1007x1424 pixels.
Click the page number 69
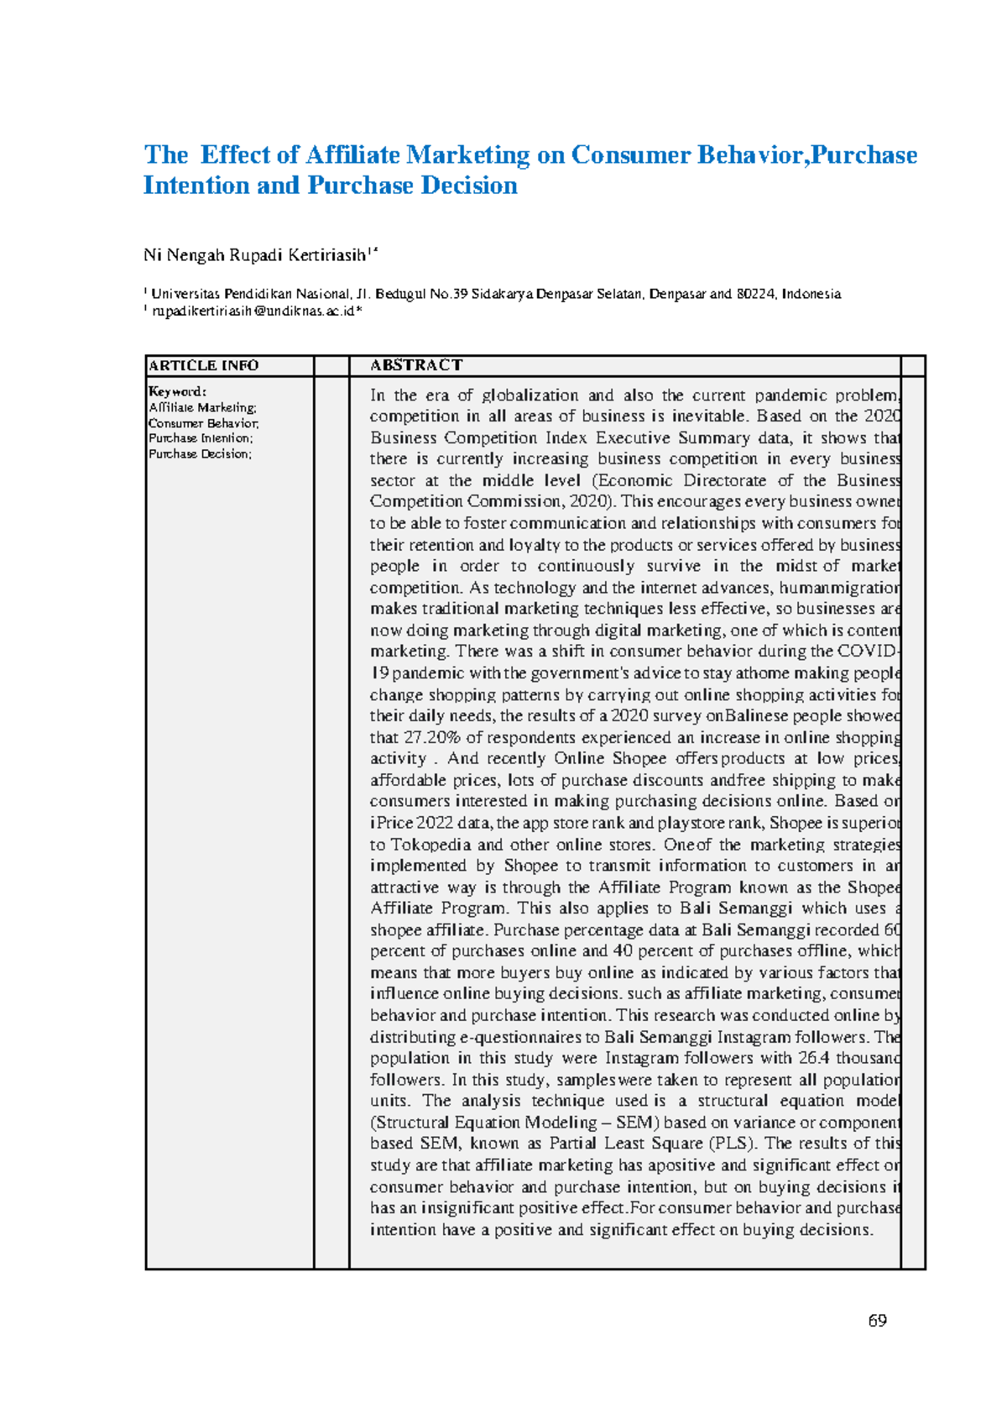[x=877, y=1321]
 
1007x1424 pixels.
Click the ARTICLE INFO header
[x=203, y=365]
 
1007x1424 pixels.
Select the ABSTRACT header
[x=416, y=365]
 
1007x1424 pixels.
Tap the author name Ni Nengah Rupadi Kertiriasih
[x=255, y=254]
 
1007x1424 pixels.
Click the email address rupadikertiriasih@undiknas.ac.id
[x=253, y=311]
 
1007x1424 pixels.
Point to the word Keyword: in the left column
[x=177, y=391]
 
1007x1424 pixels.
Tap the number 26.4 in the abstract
[x=813, y=1058]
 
